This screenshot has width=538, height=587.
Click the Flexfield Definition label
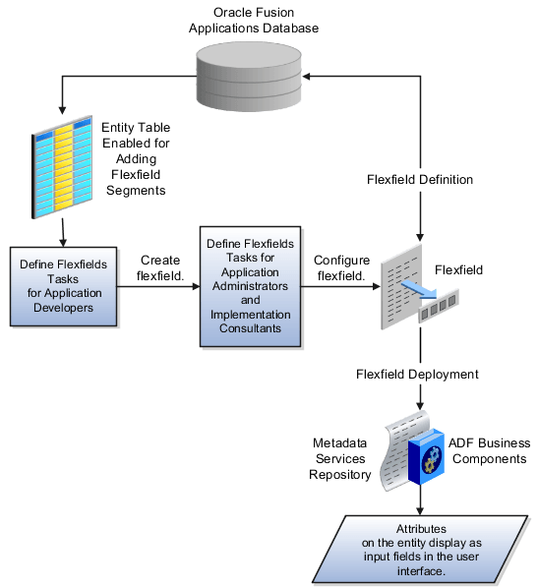[x=420, y=180]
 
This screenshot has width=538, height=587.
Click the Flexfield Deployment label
[x=418, y=375]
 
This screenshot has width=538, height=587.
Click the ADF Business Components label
[x=490, y=451]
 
